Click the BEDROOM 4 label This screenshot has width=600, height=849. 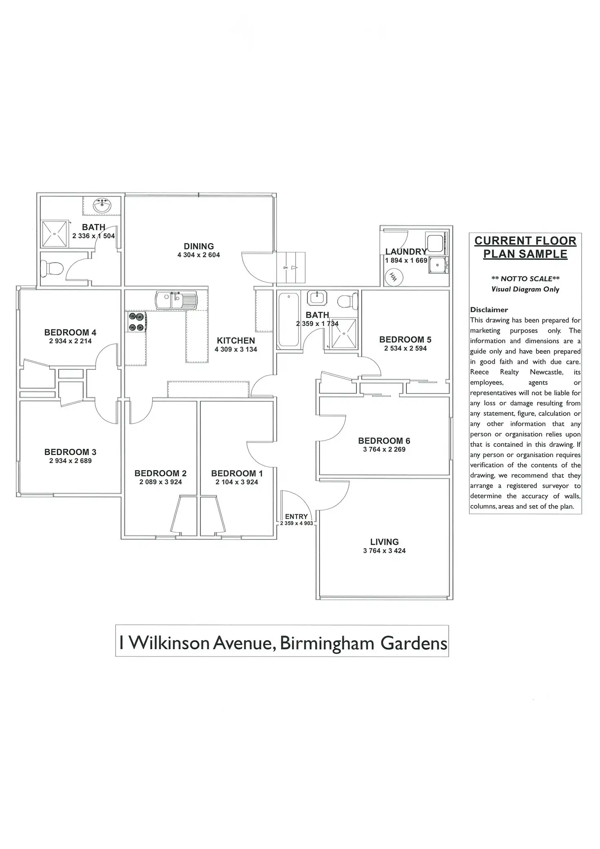(x=70, y=332)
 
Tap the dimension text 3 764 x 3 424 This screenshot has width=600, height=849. (x=384, y=551)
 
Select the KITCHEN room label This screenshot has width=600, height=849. (x=236, y=340)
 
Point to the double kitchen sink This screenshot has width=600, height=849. (x=176, y=301)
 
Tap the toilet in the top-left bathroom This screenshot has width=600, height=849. (x=52, y=268)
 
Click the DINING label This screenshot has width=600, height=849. (x=199, y=246)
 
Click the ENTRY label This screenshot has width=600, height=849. (x=296, y=516)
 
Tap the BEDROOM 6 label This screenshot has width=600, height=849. (x=384, y=441)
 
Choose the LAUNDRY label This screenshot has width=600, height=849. (x=406, y=252)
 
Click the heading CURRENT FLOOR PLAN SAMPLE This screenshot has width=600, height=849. (x=525, y=247)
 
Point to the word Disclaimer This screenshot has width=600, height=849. (x=489, y=310)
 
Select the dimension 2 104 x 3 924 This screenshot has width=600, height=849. (x=237, y=482)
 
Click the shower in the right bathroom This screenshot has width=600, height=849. (x=343, y=334)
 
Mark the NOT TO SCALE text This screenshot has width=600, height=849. (x=525, y=279)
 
